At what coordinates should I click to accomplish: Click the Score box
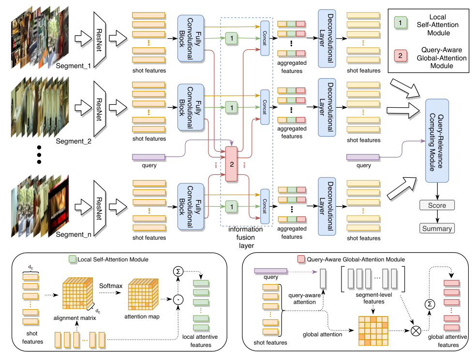click(x=437, y=205)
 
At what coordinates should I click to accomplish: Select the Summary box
click(x=437, y=229)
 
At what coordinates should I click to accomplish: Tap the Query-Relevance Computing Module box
click(x=437, y=141)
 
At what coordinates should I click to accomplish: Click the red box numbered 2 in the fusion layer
click(x=231, y=164)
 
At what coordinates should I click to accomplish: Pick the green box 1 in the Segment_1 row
click(x=231, y=39)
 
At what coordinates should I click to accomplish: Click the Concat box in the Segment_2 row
click(x=265, y=107)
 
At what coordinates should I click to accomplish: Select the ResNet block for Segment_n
click(x=100, y=208)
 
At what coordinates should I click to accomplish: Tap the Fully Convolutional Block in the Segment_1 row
click(x=191, y=39)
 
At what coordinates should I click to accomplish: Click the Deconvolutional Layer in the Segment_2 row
click(x=327, y=107)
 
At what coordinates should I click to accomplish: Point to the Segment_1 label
click(x=74, y=66)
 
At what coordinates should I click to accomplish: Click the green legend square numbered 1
click(x=401, y=23)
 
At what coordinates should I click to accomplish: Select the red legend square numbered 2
click(x=401, y=56)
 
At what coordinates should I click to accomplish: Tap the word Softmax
click(x=111, y=286)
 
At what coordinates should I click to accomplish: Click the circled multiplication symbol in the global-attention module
click(x=416, y=331)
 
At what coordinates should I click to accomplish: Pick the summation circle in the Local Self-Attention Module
click(x=178, y=272)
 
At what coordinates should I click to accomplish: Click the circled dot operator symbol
click(x=178, y=300)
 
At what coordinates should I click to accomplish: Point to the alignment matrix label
click(x=74, y=318)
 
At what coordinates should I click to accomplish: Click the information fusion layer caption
click(x=246, y=237)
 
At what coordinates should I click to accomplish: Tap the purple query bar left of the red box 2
click(x=149, y=157)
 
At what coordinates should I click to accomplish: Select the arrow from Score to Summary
click(x=437, y=216)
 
